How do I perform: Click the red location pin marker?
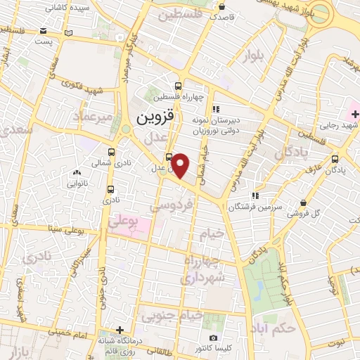tap(181, 166)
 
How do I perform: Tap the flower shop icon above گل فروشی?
tap(303, 202)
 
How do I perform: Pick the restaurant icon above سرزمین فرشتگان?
tap(258, 195)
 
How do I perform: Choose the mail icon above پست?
tap(44, 31)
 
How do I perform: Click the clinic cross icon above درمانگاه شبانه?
tap(121, 329)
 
